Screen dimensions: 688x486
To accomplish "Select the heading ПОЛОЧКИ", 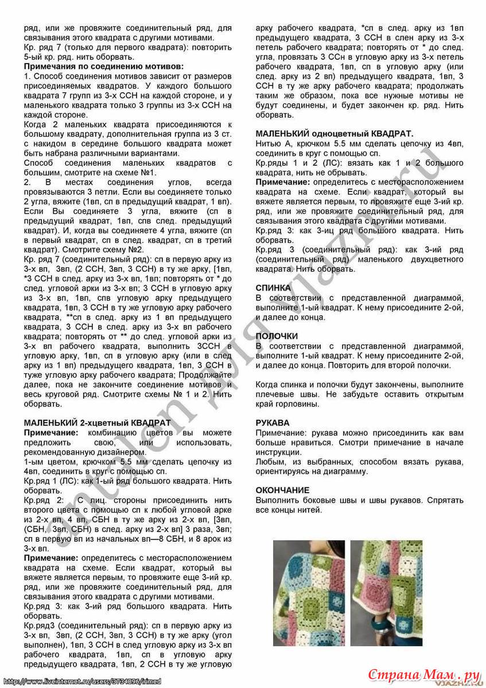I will (277, 336).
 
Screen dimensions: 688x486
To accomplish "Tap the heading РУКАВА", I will (273, 423).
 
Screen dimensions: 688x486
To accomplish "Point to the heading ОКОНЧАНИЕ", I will (282, 490).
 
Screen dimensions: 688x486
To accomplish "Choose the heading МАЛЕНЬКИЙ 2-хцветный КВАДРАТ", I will (98, 423).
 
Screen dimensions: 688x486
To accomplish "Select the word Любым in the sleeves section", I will (269, 462).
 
